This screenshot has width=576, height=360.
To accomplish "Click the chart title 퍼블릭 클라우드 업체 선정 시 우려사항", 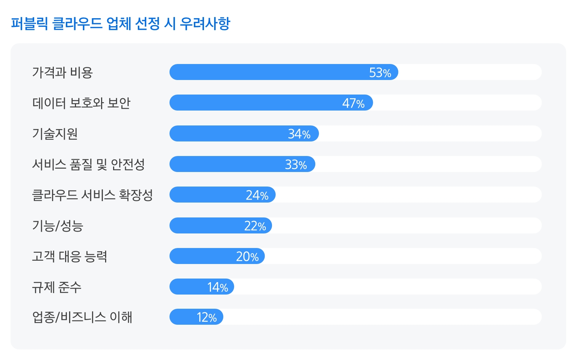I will [x=120, y=24].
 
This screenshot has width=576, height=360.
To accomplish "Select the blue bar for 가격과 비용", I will [x=269, y=72].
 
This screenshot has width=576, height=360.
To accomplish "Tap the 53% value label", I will [x=380, y=73].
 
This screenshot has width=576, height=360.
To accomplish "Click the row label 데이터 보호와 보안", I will [x=81, y=103].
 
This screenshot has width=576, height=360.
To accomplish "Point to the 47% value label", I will [x=353, y=103].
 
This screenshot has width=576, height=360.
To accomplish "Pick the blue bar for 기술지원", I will [x=229, y=133].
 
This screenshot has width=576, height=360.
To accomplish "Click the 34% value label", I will [x=299, y=134].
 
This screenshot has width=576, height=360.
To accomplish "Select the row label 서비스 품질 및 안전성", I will [x=88, y=164].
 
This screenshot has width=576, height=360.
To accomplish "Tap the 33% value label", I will [x=296, y=165].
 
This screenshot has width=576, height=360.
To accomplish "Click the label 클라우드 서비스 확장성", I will [x=92, y=195].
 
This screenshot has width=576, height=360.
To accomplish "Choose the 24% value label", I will [x=257, y=195].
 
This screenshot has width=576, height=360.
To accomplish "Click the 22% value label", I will [x=255, y=226].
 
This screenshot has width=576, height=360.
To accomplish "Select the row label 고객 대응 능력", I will [x=69, y=256].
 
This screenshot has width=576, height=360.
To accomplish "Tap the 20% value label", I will [x=247, y=257].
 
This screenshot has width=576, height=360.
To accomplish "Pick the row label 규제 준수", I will [x=57, y=287].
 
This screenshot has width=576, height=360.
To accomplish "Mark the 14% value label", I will [x=217, y=287].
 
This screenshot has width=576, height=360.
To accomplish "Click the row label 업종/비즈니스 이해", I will [x=82, y=317].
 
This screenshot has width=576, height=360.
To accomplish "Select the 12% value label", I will [x=207, y=317].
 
